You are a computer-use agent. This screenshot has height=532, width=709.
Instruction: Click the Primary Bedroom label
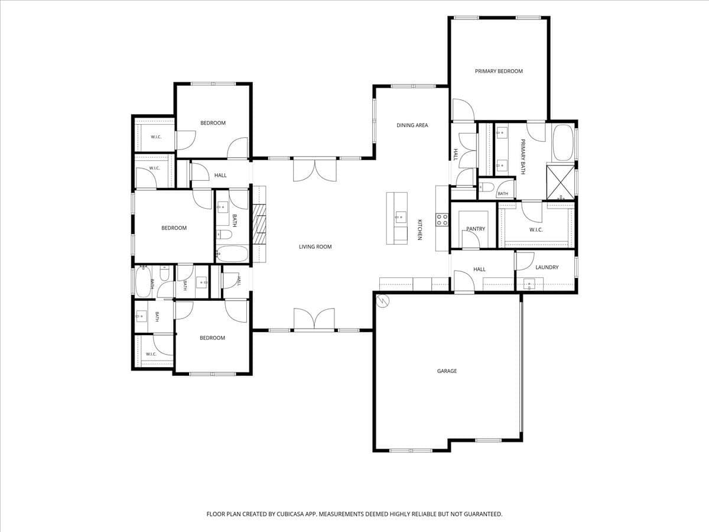coord(499,71)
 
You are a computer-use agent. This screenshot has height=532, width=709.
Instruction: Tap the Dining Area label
coord(412,125)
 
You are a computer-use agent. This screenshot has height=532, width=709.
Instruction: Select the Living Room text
coord(316,246)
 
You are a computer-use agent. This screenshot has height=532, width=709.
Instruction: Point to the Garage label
coord(447,371)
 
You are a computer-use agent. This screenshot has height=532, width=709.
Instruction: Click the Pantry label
coord(476,229)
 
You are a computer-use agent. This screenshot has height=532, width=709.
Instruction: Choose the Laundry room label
coord(547,267)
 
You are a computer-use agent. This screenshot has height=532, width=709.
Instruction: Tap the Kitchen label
coord(420,230)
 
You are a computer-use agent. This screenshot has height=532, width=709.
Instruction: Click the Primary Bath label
coord(523,157)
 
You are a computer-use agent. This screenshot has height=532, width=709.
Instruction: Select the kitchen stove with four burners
coord(442,220)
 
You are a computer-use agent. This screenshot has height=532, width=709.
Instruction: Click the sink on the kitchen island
coord(401,217)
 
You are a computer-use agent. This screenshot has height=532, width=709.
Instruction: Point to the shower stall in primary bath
coord(561,182)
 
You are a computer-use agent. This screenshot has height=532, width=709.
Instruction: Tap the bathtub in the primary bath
coord(562,143)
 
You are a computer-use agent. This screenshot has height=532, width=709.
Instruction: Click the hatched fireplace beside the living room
coord(259,224)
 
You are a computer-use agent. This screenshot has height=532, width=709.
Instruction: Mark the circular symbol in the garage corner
coord(383,301)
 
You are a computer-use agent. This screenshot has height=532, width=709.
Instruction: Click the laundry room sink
coord(529,284)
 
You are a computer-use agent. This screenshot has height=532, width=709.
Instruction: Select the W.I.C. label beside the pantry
coord(536,230)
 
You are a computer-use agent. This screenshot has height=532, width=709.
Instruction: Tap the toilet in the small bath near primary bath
coord(487,187)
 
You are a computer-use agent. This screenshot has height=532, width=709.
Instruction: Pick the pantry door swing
coord(471,239)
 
